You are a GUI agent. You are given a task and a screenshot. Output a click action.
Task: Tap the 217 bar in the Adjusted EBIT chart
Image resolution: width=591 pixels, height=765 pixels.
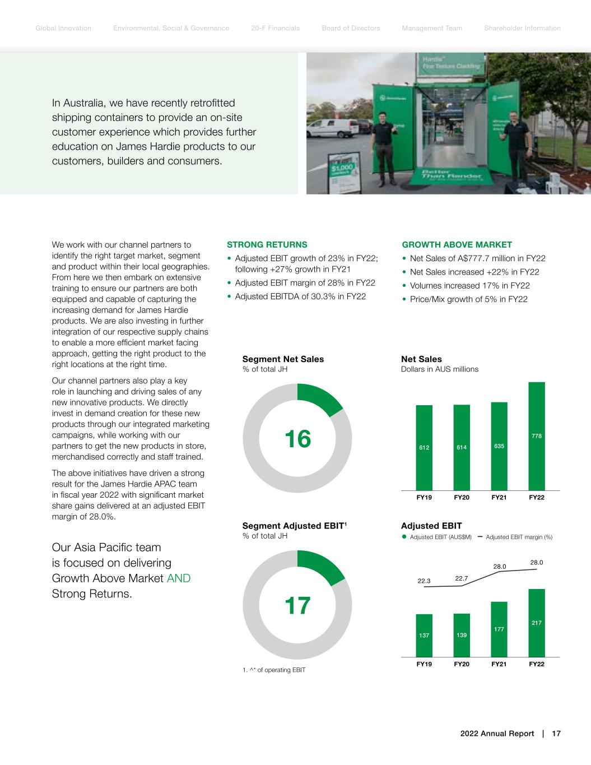tap(536, 623)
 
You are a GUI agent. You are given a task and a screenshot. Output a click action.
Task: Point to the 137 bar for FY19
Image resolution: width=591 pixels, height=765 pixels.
tap(424, 636)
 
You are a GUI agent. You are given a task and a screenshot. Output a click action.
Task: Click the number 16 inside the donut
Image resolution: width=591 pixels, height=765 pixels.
tap(297, 439)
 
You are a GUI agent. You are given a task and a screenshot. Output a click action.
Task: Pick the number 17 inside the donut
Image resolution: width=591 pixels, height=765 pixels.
tap(297, 606)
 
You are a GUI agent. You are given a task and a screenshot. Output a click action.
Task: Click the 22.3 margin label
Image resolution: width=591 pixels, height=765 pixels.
tap(424, 581)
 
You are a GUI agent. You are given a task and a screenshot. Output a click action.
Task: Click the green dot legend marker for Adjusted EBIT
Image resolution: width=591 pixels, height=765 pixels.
tap(404, 537)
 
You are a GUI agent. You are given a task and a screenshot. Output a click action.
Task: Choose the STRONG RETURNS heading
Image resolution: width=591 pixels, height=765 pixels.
tap(267, 245)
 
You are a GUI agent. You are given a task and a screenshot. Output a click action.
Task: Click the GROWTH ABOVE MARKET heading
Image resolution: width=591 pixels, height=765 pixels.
tap(457, 245)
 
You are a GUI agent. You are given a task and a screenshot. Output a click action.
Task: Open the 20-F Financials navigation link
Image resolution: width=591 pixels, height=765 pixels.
tap(275, 28)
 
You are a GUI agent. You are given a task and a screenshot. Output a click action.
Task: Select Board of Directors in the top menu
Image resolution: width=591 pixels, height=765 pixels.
tap(351, 28)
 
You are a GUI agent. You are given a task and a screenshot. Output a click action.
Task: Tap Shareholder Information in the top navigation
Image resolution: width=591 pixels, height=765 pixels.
tap(522, 28)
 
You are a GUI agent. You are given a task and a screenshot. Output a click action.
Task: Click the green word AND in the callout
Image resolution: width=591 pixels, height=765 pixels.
tap(179, 578)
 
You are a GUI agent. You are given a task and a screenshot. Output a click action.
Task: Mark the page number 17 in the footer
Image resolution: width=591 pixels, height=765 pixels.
tap(556, 734)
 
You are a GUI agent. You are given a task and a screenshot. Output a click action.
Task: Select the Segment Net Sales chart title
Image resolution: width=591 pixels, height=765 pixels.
tap(283, 359)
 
